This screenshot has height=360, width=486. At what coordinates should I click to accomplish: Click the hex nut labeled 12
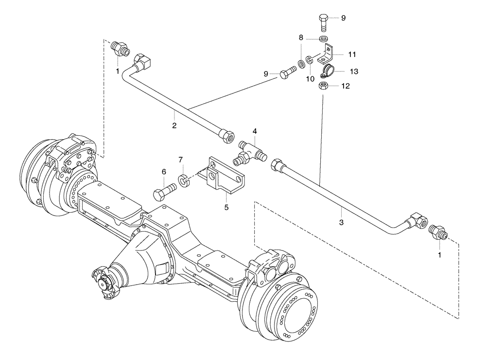(x=324, y=86)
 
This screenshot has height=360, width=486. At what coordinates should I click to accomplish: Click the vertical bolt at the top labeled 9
(x=324, y=22)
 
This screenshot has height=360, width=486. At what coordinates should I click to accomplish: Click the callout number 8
(x=301, y=37)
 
